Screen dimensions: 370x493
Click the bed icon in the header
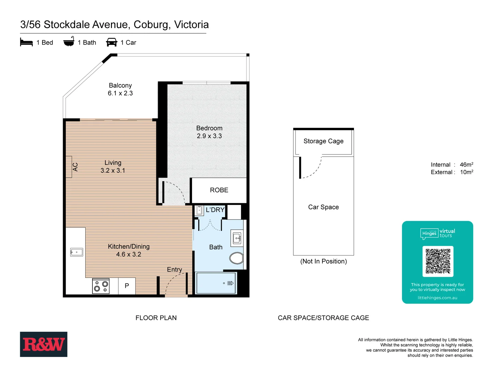[x=26, y=42]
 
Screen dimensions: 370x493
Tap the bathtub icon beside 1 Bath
[x=69, y=41]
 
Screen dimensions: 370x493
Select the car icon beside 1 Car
[x=112, y=42]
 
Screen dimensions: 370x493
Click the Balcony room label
[x=120, y=85]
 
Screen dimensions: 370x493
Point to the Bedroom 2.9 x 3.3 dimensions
[x=209, y=136]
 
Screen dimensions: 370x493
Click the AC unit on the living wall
[x=69, y=167]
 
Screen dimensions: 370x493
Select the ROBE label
[x=219, y=190]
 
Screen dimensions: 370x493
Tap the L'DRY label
[x=215, y=210]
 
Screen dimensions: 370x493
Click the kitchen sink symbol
[x=76, y=252]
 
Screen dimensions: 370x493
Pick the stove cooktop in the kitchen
[x=101, y=286]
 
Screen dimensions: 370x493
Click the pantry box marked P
[x=127, y=286]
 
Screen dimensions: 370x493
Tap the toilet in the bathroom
[x=236, y=258]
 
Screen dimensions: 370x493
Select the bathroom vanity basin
[x=237, y=238]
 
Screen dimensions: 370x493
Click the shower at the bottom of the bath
[x=216, y=283]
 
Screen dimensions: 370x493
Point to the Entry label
[x=175, y=270]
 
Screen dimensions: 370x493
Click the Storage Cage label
[x=324, y=141]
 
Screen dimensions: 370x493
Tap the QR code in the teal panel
[x=438, y=261]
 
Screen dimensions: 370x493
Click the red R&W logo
[x=43, y=344]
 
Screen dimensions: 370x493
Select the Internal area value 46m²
[x=466, y=165]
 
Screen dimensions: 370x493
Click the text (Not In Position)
[x=324, y=261]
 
